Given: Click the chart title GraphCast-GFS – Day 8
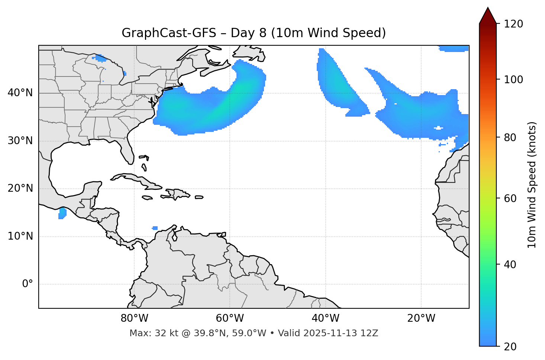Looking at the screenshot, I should [x=254, y=33].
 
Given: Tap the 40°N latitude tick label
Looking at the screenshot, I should [x=20, y=93].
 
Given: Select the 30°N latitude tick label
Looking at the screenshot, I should [x=20, y=141].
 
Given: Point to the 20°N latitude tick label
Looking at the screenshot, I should [x=20, y=188].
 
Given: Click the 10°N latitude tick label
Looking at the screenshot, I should [x=20, y=236].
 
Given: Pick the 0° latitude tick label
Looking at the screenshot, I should [x=28, y=284].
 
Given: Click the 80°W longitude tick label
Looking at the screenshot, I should [x=134, y=318].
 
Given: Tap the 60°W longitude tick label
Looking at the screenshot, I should [x=230, y=318].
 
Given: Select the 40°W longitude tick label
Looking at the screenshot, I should [x=325, y=318].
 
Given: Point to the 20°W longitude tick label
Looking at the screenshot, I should [x=421, y=318].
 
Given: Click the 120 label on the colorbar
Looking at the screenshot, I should [x=513, y=24].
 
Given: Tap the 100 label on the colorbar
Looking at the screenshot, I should [x=513, y=80].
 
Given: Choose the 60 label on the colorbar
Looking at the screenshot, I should [x=510, y=198].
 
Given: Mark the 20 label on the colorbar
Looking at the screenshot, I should [x=510, y=347].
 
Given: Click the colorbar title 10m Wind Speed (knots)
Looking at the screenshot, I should [x=532, y=185].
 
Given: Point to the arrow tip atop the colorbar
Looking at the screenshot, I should [x=488, y=8].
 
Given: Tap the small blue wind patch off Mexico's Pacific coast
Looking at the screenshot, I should [x=62, y=213].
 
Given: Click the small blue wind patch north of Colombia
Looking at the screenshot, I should [x=155, y=228].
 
